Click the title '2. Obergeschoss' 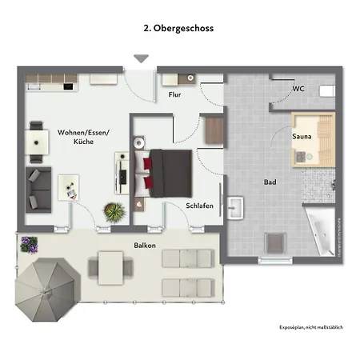[179, 27]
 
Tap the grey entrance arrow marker [142, 58]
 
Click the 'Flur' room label [174, 95]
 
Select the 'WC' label [298, 88]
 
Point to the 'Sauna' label [302, 137]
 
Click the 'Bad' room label [270, 182]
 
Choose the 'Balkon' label [122, 245]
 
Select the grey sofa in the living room [38, 187]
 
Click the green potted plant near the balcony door [114, 213]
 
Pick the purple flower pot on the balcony [30, 243]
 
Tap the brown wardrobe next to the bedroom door [214, 130]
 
